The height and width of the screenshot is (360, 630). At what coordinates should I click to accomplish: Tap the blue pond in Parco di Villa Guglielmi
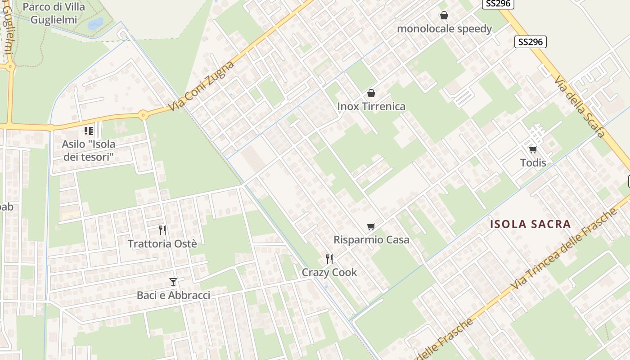pyautogui.click(x=95, y=23)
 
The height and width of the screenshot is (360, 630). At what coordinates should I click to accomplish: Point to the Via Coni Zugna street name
pyautogui.click(x=202, y=86)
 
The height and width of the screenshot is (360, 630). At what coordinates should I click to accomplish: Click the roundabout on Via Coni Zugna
pyautogui.click(x=143, y=115)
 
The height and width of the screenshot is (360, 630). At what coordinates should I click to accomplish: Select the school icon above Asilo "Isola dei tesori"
pyautogui.click(x=89, y=131)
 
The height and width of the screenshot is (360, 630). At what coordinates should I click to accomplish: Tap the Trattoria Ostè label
pyautogui.click(x=162, y=244)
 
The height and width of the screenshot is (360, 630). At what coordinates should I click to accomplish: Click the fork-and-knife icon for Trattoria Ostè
pyautogui.click(x=162, y=230)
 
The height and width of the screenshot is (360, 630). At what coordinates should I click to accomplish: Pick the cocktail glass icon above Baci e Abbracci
pyautogui.click(x=173, y=282)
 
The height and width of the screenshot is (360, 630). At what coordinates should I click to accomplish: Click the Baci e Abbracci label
pyautogui.click(x=173, y=295)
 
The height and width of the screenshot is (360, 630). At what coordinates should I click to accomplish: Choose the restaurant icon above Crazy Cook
pyautogui.click(x=329, y=259)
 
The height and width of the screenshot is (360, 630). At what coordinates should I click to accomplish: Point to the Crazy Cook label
pyautogui.click(x=329, y=272)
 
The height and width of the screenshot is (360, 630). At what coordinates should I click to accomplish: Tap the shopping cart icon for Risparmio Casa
pyautogui.click(x=371, y=226)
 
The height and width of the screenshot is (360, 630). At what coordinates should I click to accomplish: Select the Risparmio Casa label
pyautogui.click(x=371, y=240)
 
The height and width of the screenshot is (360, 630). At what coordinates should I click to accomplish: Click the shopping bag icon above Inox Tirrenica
pyautogui.click(x=371, y=93)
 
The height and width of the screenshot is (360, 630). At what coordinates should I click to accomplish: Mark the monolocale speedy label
pyautogui.click(x=444, y=29)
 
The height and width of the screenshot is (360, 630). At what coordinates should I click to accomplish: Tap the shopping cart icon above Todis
pyautogui.click(x=533, y=149)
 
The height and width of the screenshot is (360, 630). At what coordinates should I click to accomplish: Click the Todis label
pyautogui.click(x=533, y=162)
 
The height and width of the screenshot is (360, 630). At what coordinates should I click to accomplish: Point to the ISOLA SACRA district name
pyautogui.click(x=530, y=224)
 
